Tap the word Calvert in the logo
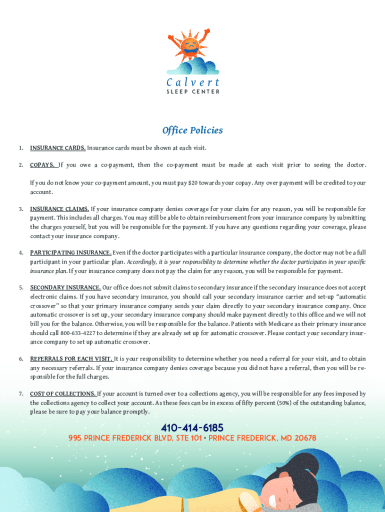(x=192, y=82)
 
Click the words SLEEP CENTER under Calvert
(x=192, y=92)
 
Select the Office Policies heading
(x=192, y=130)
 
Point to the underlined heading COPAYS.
(x=42, y=165)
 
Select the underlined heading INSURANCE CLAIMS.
(x=59, y=209)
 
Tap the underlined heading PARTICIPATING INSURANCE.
(x=70, y=253)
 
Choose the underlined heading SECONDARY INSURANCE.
(x=65, y=288)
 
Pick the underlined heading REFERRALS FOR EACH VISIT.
(x=71, y=359)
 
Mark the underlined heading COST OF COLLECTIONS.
(x=63, y=394)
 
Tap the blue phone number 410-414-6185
(x=192, y=428)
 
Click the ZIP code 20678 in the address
(x=305, y=438)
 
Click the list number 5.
(x=21, y=288)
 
